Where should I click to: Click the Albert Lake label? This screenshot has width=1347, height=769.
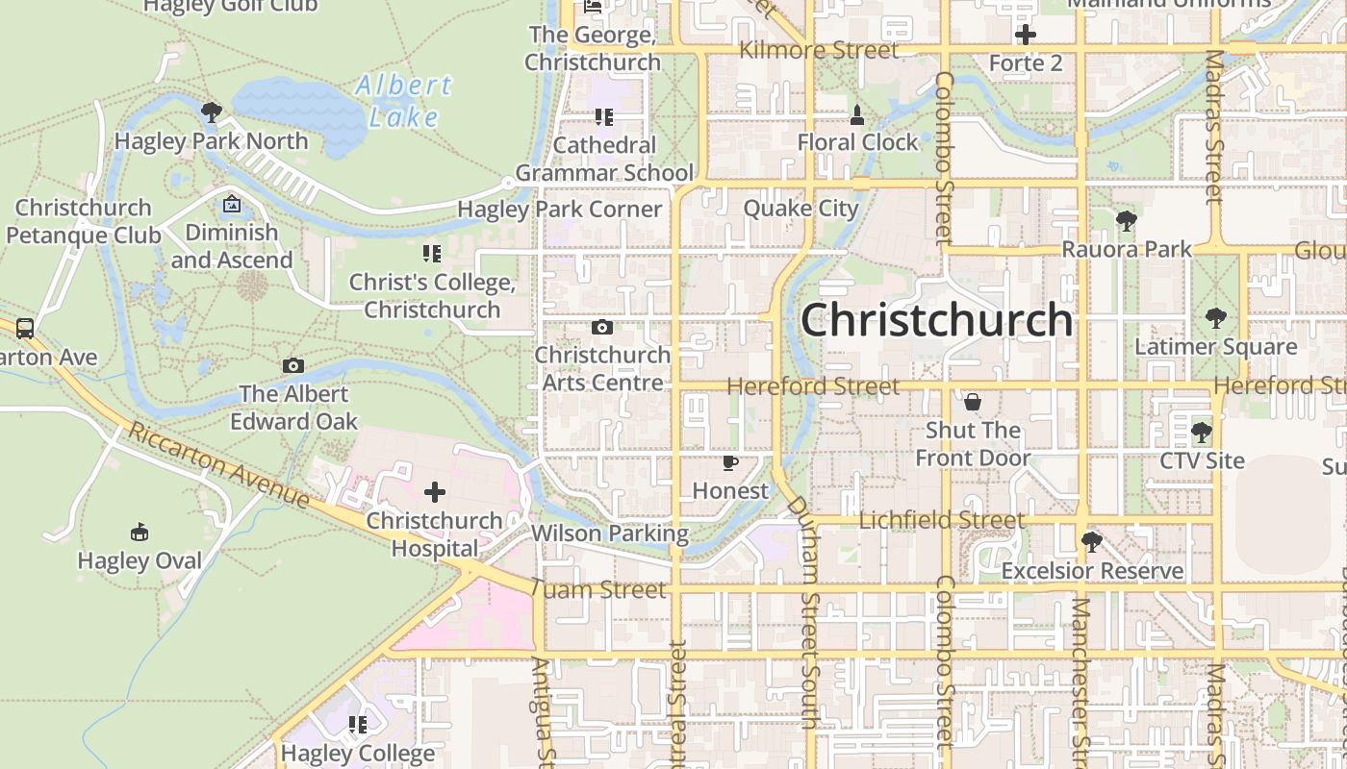click(404, 100)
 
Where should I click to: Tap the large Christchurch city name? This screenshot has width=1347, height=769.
click(936, 320)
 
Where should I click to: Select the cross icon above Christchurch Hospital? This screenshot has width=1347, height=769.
click(435, 493)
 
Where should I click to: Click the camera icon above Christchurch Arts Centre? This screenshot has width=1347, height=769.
click(602, 328)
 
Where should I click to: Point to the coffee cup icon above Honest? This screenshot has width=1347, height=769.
click(730, 463)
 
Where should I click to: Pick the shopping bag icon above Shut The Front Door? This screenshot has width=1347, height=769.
click(973, 401)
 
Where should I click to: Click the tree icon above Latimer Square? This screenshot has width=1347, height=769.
click(1216, 318)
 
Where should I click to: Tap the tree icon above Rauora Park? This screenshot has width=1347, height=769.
click(1126, 221)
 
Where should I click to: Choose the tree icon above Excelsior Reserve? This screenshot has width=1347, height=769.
click(1091, 542)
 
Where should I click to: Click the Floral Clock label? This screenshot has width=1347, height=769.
click(858, 142)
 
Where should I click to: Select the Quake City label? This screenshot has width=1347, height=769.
click(801, 209)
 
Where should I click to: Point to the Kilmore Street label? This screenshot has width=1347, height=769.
click(819, 50)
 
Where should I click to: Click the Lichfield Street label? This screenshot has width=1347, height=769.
click(941, 520)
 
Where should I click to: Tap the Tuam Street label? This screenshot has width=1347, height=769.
click(598, 589)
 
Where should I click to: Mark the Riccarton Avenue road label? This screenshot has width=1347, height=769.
click(219, 465)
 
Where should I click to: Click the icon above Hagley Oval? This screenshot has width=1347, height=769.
click(140, 533)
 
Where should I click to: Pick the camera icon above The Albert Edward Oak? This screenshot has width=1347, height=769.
click(293, 366)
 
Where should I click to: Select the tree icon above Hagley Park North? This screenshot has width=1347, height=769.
click(212, 112)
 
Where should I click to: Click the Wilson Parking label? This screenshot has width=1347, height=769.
click(610, 533)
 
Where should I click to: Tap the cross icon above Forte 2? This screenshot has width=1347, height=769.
click(1026, 36)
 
